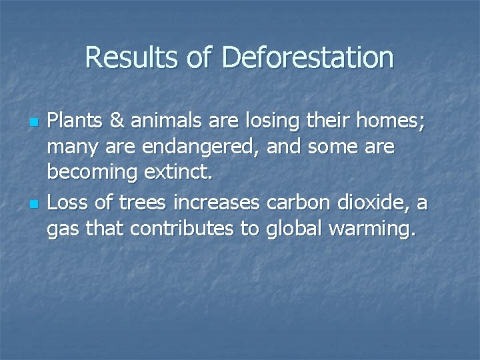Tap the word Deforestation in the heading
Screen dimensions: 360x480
pos(308,58)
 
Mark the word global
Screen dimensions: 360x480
pos(296,230)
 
